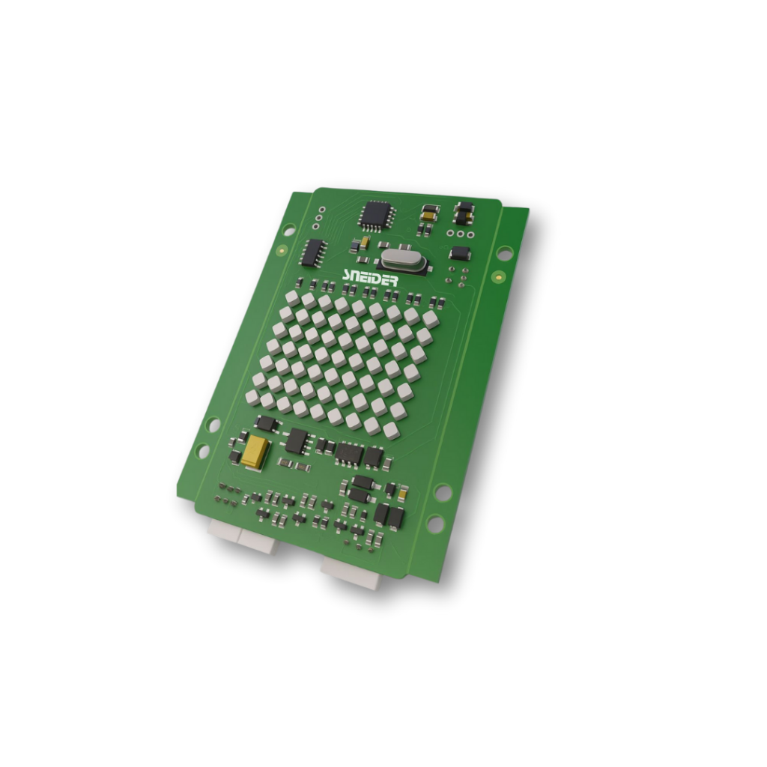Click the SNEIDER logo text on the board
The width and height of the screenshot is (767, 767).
(370, 278)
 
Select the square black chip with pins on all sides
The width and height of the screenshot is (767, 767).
(377, 215)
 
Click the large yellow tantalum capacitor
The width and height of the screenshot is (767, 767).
(255, 451)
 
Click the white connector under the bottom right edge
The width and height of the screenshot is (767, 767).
(352, 572)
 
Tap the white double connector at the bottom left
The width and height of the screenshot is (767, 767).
(243, 536)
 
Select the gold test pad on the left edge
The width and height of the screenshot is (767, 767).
(282, 251)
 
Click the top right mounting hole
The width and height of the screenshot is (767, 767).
(505, 253)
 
